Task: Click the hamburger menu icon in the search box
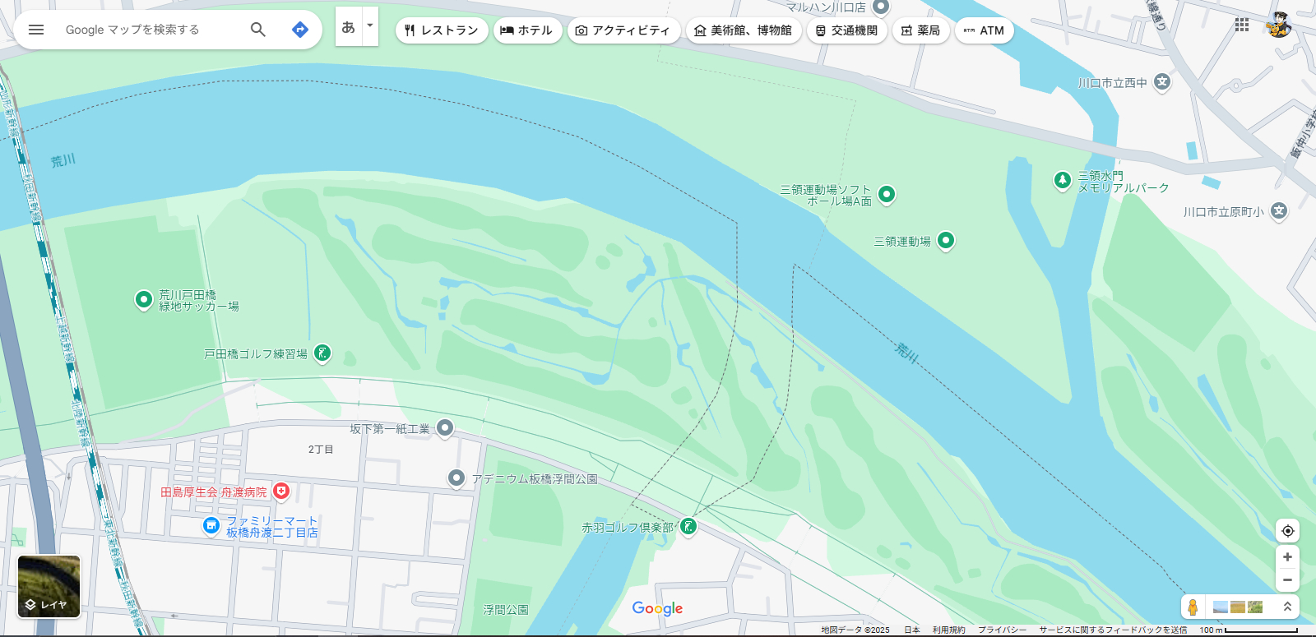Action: tap(36, 30)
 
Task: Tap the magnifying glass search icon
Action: tap(258, 30)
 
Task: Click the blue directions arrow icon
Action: tap(300, 30)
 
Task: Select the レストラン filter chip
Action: tap(442, 30)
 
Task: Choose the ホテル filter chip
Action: tap(527, 30)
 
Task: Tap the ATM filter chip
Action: tap(984, 30)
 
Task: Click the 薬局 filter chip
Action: tap(920, 30)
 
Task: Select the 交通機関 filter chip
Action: tap(846, 30)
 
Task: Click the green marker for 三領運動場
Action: tap(946, 240)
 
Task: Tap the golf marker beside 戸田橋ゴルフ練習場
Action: tap(322, 353)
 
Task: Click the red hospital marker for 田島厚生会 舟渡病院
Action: tap(281, 491)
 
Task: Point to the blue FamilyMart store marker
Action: tap(211, 525)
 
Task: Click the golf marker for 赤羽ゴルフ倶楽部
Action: tap(688, 526)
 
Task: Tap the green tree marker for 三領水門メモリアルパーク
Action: tap(1063, 179)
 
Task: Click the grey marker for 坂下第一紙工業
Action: tap(445, 427)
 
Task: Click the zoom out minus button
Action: tap(1287, 579)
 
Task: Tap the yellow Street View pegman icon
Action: tap(1193, 607)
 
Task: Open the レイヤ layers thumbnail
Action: tap(49, 586)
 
